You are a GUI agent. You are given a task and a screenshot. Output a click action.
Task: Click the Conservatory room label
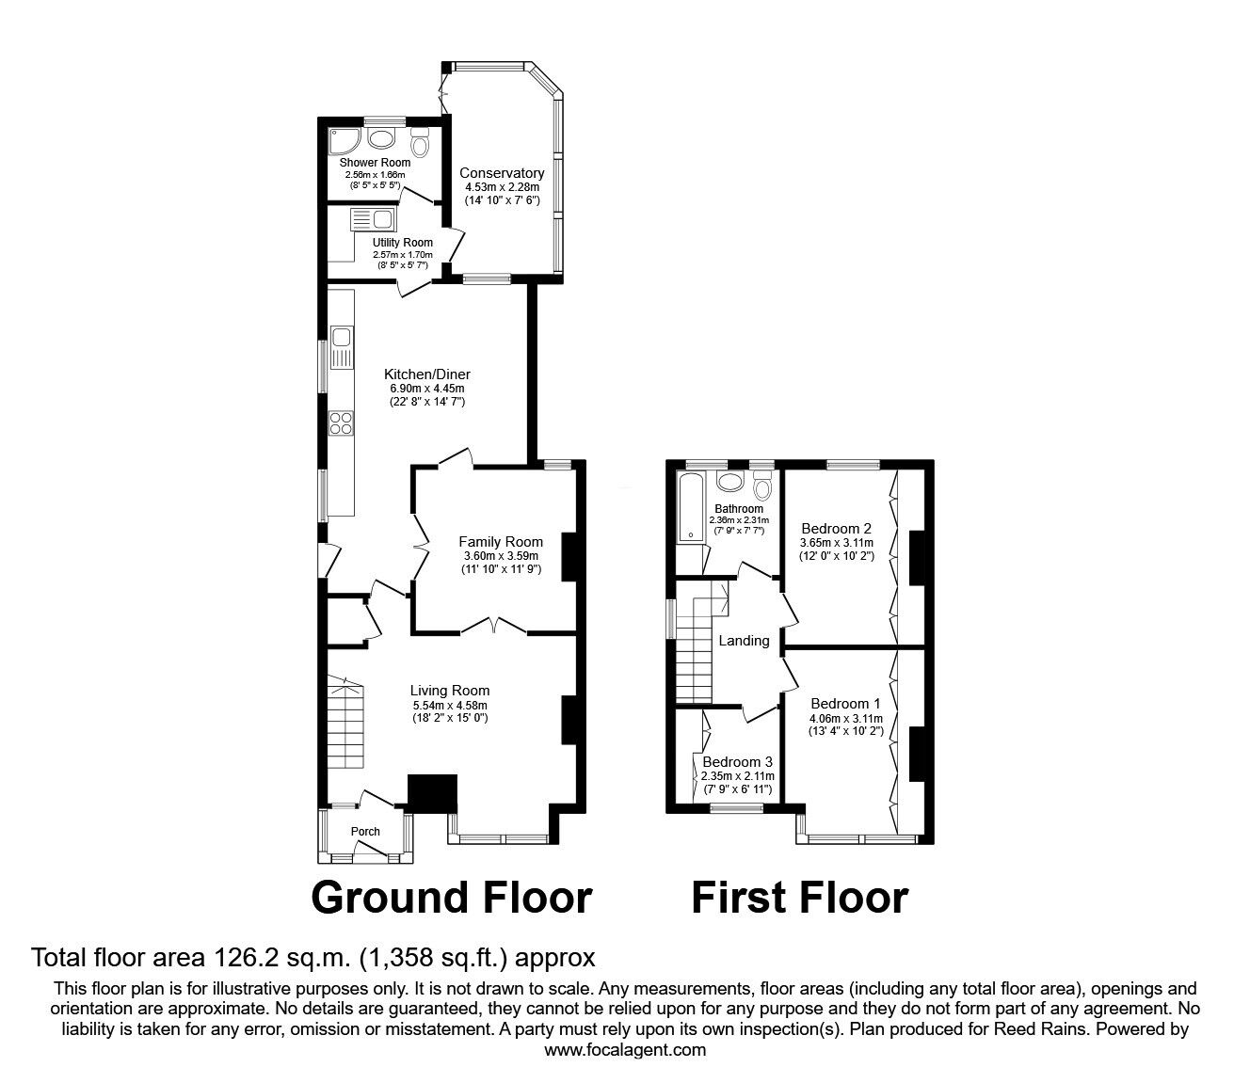pyautogui.click(x=501, y=173)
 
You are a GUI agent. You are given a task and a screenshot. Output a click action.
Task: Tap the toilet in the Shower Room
pyautogui.click(x=420, y=143)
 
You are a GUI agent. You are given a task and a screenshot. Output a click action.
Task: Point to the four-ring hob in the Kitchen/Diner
pyautogui.click(x=341, y=423)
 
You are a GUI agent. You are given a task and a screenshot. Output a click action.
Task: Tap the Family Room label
pyautogui.click(x=500, y=541)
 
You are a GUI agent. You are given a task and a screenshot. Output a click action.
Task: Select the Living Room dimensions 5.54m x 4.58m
pyautogui.click(x=450, y=705)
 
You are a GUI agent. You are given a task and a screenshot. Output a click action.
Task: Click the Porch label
pyautogui.click(x=365, y=831)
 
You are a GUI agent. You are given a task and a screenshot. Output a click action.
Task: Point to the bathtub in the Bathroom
pyautogui.click(x=691, y=507)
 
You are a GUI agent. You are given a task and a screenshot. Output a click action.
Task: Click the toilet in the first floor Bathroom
pyautogui.click(x=761, y=485)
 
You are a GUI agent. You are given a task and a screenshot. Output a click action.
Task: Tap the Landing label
pyautogui.click(x=744, y=641)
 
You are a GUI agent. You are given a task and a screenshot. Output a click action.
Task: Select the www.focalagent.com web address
pyautogui.click(x=625, y=1050)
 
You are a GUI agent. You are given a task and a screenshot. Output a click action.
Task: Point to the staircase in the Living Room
pyautogui.click(x=345, y=723)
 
